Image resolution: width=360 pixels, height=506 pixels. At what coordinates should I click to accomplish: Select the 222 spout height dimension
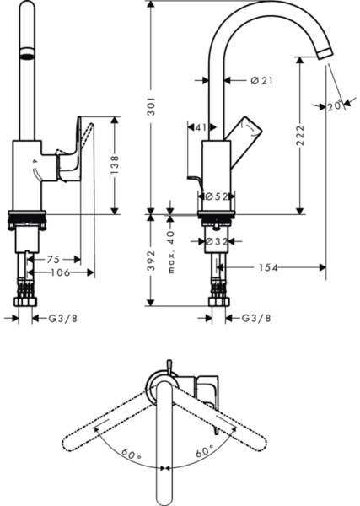(x=301, y=144)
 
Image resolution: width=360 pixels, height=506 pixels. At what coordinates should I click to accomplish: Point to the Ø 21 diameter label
(x=261, y=81)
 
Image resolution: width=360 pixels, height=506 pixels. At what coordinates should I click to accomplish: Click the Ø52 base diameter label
(x=216, y=196)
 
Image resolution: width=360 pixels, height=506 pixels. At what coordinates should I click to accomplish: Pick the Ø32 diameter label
(x=216, y=241)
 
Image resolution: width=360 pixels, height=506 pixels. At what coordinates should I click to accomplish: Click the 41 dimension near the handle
(x=200, y=128)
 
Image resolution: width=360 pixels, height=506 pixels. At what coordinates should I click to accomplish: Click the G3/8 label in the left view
(x=62, y=319)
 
